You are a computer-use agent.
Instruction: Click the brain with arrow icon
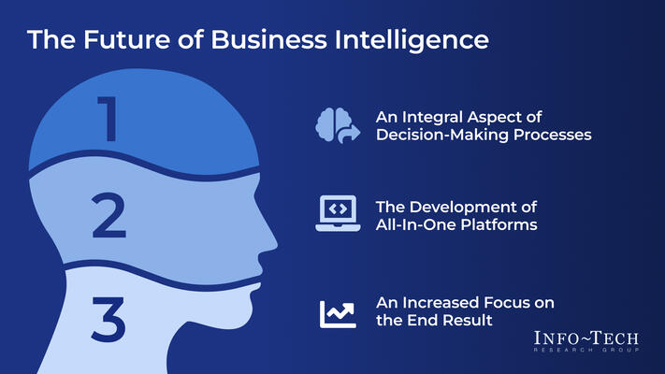(x=337, y=125)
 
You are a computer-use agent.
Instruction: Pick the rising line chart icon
(x=337, y=313)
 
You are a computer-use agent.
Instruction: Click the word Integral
(x=437, y=118)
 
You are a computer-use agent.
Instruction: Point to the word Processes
(x=556, y=136)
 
